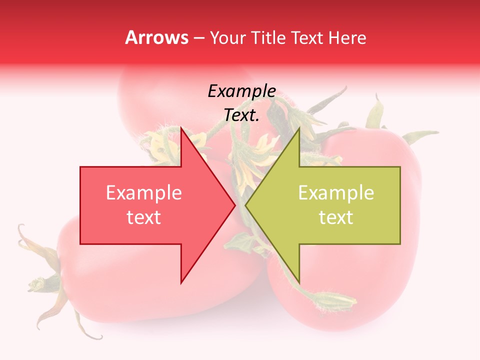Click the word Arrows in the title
point(157,37)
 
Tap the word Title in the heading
point(268,37)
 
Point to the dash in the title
point(199,38)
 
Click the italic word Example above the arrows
point(241,91)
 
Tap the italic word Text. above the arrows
point(241,115)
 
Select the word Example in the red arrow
point(144,192)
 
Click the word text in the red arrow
point(144,217)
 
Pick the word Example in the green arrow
point(336,192)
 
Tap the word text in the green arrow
point(336,217)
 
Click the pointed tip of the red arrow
point(235,205)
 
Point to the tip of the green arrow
point(245,205)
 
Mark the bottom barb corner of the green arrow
point(299,283)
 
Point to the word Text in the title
point(306,37)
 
